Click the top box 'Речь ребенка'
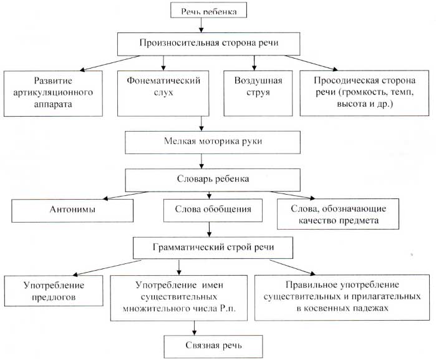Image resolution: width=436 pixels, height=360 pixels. (x=208, y=10)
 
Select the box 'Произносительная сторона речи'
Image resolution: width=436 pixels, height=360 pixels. (x=208, y=44)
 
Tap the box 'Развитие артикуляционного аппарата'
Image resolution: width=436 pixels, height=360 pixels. (x=53, y=93)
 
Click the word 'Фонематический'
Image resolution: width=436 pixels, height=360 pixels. (x=163, y=80)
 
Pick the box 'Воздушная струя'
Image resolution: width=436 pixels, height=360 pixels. (x=258, y=93)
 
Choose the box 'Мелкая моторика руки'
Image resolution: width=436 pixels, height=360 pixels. (x=213, y=142)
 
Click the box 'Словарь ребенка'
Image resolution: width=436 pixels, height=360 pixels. (x=213, y=180)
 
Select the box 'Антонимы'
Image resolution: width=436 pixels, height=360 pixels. (x=72, y=210)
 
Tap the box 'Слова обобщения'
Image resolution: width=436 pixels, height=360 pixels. (x=213, y=210)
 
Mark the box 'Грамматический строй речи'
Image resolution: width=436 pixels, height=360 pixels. (x=213, y=248)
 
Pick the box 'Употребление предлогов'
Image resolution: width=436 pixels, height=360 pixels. (x=54, y=291)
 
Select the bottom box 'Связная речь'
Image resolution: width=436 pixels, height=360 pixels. (x=213, y=346)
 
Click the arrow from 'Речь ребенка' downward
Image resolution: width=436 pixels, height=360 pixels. (x=201, y=25)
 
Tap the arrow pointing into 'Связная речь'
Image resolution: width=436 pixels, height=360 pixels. (x=195, y=328)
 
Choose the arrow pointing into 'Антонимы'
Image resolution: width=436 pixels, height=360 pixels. (x=125, y=195)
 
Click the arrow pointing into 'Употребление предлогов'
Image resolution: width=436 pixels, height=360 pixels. (x=107, y=268)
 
